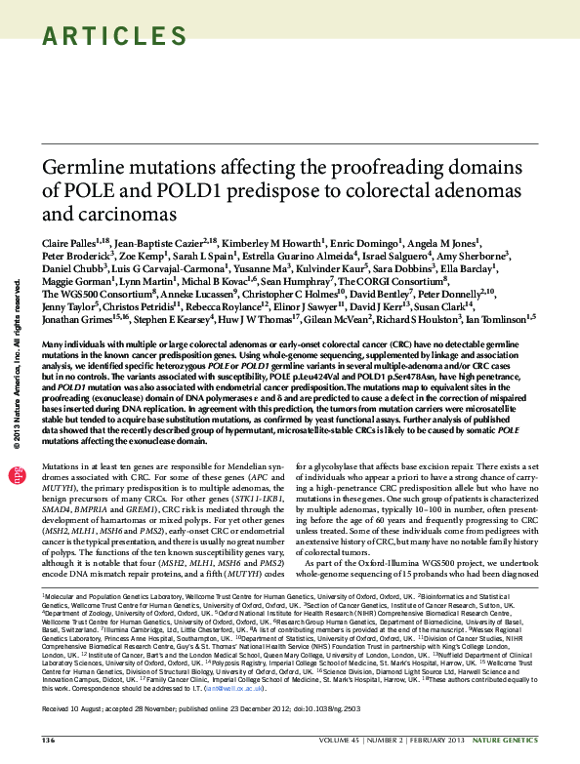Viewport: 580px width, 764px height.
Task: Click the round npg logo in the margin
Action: (16, 475)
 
